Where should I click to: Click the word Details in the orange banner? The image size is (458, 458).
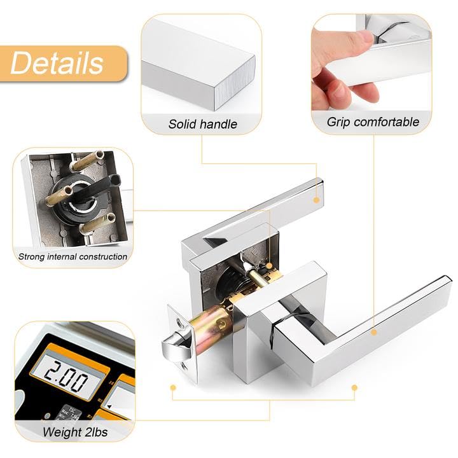pyautogui.click(x=57, y=64)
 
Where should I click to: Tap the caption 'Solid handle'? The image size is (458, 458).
pyautogui.click(x=202, y=124)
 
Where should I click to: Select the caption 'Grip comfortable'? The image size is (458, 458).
pyautogui.click(x=373, y=121)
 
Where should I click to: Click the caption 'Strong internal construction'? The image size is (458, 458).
pyautogui.click(x=73, y=257)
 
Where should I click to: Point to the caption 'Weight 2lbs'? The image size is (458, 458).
pyautogui.click(x=75, y=433)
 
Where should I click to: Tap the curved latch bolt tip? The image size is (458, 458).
pyautogui.click(x=174, y=348)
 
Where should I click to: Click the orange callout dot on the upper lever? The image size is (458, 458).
pyautogui.click(x=316, y=199)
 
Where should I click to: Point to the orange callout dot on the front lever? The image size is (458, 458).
pyautogui.click(x=373, y=331)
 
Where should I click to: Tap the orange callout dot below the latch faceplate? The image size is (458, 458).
pyautogui.click(x=172, y=386)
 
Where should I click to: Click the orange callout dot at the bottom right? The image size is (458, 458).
pyautogui.click(x=354, y=386)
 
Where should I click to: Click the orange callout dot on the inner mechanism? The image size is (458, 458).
pyautogui.click(x=270, y=265)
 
